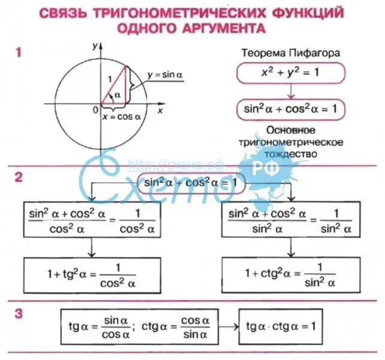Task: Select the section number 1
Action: tap(19, 53)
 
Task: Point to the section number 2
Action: tap(19, 177)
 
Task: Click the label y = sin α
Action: tap(165, 74)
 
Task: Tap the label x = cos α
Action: tap(122, 118)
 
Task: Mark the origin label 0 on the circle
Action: tap(96, 110)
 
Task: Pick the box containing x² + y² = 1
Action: tap(291, 73)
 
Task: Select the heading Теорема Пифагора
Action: tap(291, 53)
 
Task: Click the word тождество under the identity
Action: tap(291, 154)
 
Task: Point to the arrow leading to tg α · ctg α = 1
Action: tap(226, 326)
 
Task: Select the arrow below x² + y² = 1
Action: tap(291, 91)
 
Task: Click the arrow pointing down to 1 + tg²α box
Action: tap(91, 247)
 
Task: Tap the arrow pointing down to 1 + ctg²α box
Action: tap(291, 247)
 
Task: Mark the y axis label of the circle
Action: tap(95, 45)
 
